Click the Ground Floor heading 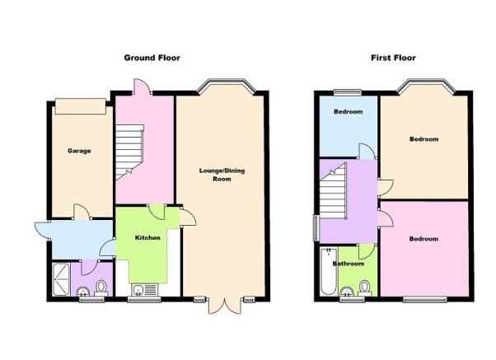(152, 58)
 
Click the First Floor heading (393, 58)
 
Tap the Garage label (79, 151)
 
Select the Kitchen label (147, 237)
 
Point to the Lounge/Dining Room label (222, 175)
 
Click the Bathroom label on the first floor (348, 264)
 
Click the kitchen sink (145, 289)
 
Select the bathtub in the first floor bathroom (329, 271)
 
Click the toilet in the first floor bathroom (365, 288)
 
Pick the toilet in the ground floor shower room (101, 288)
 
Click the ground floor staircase (129, 152)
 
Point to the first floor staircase (334, 190)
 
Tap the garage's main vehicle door (81, 106)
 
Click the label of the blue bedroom (348, 112)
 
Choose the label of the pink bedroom (423, 239)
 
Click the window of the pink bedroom (425, 299)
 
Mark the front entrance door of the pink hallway (143, 86)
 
